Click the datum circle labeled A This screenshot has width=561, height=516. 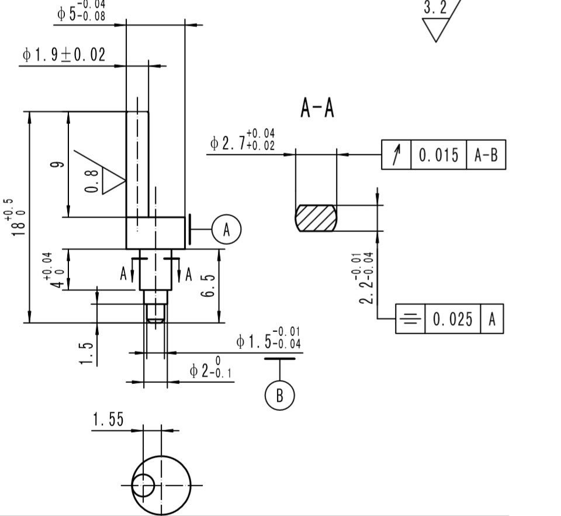[226, 230]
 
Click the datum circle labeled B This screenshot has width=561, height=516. [279, 395]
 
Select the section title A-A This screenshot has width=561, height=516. [317, 109]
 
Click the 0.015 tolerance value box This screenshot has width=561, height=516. [438, 155]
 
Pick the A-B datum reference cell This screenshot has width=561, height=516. [486, 155]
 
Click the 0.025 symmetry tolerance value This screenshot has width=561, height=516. [452, 319]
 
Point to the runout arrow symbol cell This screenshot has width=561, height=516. [396, 155]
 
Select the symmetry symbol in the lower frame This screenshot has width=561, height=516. [410, 319]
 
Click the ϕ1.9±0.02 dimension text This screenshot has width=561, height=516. [64, 55]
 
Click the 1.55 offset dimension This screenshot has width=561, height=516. [108, 420]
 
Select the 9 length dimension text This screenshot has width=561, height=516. [57, 165]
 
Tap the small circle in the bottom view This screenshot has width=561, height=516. [143, 485]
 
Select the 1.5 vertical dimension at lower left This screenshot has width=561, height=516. [86, 353]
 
